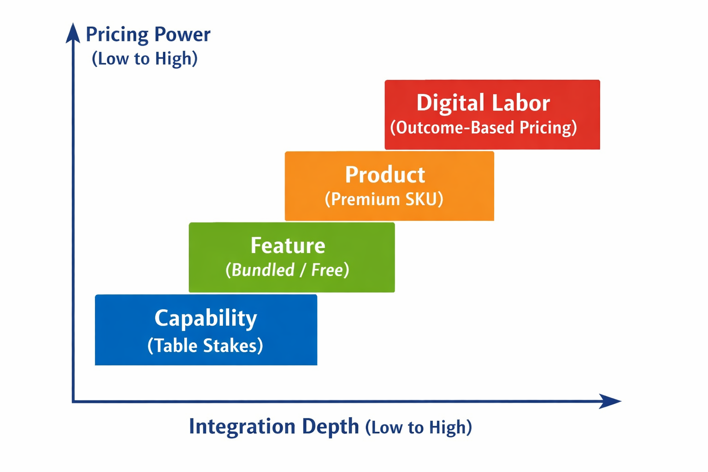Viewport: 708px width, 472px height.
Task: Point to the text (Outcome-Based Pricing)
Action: [484, 128]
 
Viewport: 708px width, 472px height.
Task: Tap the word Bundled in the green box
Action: [263, 270]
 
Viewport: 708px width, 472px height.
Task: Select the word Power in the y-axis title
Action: [182, 35]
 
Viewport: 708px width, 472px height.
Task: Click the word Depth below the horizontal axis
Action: [330, 426]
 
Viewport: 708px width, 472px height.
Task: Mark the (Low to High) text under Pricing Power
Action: [145, 59]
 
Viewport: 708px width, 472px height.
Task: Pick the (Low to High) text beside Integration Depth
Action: [419, 427]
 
